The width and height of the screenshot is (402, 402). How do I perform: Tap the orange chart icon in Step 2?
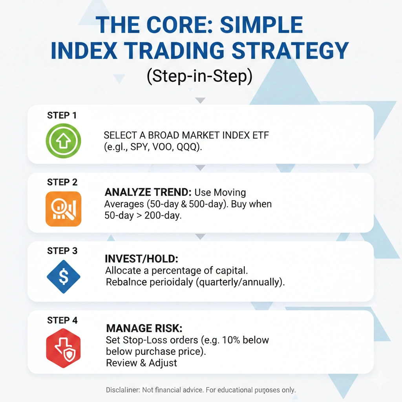coord(63,208)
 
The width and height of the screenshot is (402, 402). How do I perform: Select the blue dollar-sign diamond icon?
coord(63,276)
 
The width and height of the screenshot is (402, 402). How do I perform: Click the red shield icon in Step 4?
coord(63,346)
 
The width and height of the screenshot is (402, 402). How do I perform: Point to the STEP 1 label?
coord(62,115)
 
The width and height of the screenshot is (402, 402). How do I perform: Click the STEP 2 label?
coord(62,183)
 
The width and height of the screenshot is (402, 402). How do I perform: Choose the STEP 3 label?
coord(62,251)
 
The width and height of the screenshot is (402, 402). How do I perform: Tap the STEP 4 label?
coord(62,320)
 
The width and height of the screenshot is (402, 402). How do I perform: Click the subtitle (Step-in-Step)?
coord(199,76)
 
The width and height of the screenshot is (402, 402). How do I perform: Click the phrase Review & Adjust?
coord(141,363)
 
